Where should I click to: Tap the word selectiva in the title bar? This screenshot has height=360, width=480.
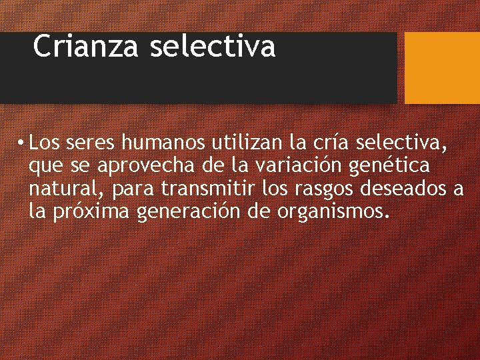(213, 47)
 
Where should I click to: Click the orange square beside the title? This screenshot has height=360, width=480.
(442, 68)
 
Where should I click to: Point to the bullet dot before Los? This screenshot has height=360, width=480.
(22, 143)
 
